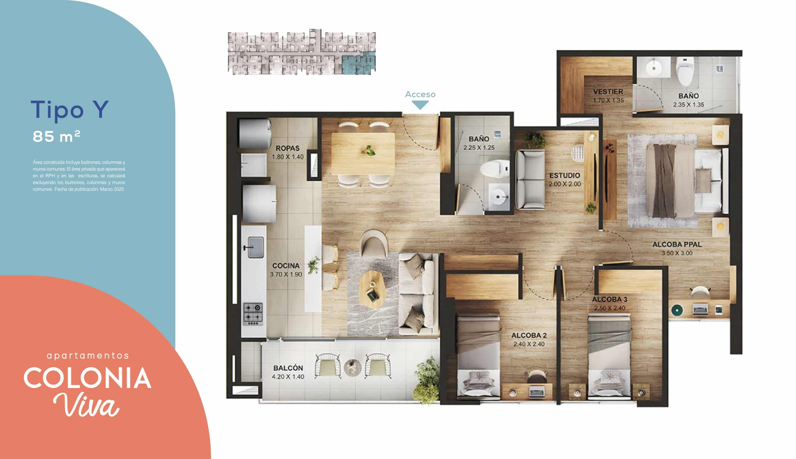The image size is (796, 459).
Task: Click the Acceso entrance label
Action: tap(420, 94)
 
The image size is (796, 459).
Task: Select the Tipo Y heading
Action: tap(70, 109)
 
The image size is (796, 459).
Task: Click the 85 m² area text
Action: tap(57, 136)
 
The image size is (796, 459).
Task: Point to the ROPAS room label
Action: tap(288, 148)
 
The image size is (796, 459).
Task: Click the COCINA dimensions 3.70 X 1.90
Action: tap(286, 274)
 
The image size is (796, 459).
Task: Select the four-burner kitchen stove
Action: tap(253, 314)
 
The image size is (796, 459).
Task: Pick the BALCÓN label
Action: tap(288, 368)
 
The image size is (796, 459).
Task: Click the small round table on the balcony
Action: tap(352, 367)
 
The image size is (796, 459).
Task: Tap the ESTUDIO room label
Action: tap(565, 175)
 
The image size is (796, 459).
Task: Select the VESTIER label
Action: tap(608, 92)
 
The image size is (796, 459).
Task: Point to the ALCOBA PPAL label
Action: tap(677, 244)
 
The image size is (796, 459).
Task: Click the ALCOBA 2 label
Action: tap(529, 335)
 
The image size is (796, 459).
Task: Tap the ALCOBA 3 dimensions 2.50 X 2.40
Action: tap(610, 308)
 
